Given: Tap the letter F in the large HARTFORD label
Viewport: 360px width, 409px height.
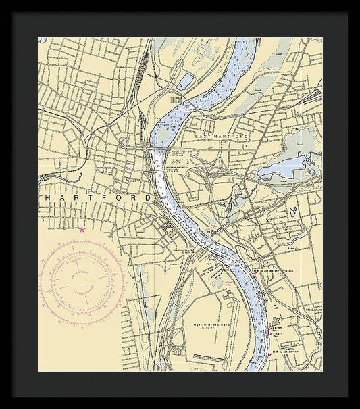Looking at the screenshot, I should click(103, 197).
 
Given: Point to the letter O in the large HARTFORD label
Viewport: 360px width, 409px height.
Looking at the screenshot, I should click(116, 197).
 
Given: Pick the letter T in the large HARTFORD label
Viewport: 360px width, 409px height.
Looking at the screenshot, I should click(89, 197).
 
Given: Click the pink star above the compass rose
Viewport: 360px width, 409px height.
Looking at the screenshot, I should click(82, 230).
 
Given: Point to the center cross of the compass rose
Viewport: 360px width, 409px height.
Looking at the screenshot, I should click(81, 278).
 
